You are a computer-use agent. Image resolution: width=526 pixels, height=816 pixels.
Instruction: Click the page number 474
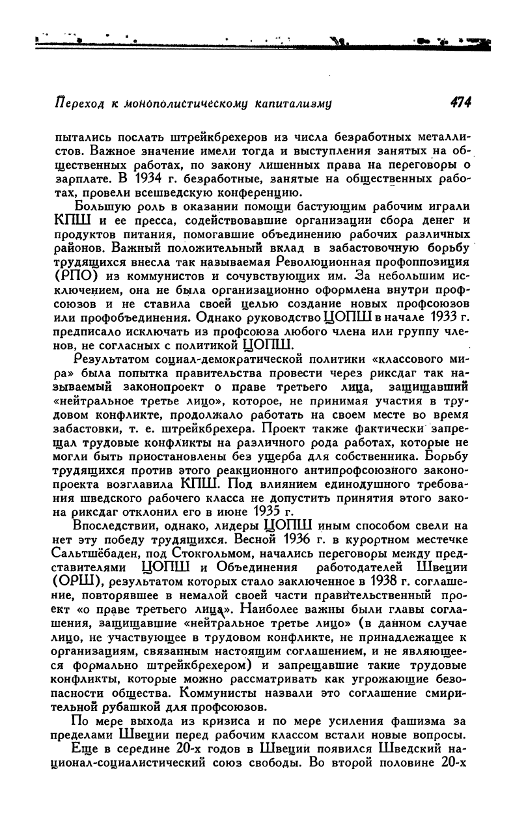456,102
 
